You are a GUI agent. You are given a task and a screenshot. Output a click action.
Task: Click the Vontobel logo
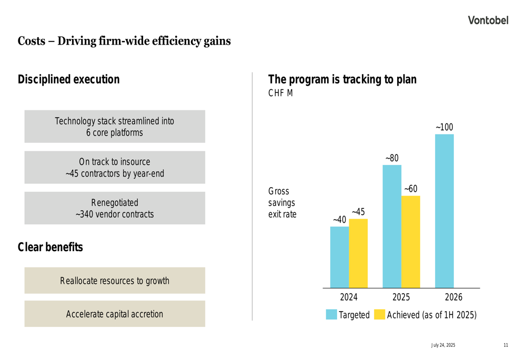[489, 20]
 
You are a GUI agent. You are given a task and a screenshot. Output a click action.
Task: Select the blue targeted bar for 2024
[339, 258]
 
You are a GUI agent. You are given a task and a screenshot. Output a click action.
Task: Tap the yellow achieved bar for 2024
[358, 253]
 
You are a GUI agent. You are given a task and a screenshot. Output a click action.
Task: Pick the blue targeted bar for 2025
[392, 227]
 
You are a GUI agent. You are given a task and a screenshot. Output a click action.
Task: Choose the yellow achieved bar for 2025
[411, 242]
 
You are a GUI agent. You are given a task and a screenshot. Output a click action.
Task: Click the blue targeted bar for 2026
[444, 211]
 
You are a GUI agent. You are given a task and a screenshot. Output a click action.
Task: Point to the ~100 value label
[444, 128]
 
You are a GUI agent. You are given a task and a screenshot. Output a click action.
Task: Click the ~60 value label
[411, 189]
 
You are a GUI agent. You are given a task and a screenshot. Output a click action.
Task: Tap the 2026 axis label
[453, 297]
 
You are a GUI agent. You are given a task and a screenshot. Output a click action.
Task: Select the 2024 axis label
[349, 297]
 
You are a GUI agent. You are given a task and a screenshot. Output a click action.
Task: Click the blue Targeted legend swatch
[331, 315]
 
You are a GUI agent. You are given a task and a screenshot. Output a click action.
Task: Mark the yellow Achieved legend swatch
[379, 315]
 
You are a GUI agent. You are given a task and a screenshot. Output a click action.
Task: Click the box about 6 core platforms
[115, 127]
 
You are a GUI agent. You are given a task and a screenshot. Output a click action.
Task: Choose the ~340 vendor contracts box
[115, 208]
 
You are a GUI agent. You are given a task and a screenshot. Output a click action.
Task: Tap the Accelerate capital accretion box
[115, 314]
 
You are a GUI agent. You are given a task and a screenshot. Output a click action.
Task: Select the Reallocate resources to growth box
[115, 281]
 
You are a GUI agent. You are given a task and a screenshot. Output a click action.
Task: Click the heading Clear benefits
[50, 247]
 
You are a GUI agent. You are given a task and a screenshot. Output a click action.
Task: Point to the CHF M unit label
[280, 94]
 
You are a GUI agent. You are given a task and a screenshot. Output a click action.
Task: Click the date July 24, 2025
[443, 345]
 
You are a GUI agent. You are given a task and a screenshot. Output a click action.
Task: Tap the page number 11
[505, 345]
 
